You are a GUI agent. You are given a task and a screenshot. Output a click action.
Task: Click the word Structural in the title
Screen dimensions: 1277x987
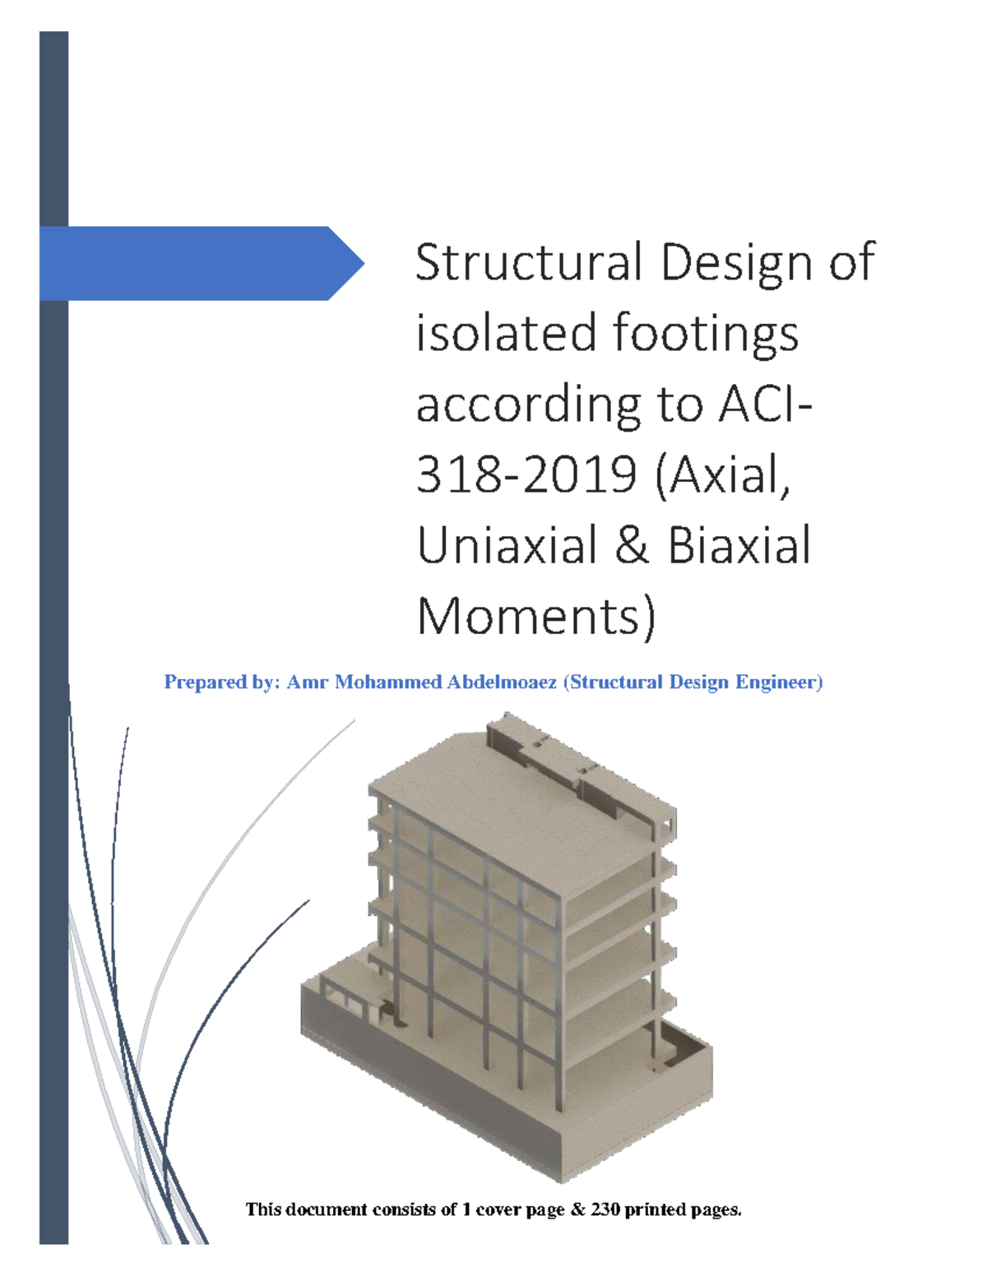(528, 262)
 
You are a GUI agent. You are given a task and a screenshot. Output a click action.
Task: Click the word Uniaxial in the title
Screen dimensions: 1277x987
(507, 546)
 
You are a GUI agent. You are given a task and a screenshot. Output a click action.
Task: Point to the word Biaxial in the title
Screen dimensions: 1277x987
(739, 546)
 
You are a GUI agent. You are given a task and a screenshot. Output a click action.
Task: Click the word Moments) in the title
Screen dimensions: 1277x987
(536, 617)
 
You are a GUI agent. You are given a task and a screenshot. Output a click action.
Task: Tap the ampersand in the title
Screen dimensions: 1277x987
(632, 546)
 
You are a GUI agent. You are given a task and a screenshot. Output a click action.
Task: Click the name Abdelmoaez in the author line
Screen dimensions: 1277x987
(502, 682)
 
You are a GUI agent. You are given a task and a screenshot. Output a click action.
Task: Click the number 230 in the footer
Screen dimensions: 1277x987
(605, 1209)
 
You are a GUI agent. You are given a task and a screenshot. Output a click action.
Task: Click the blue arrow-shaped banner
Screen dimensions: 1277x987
(189, 263)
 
